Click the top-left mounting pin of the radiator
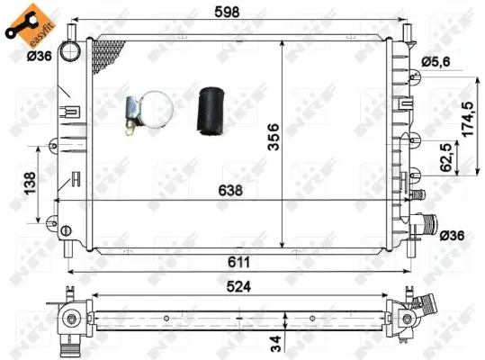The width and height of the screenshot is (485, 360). [x=90, y=27]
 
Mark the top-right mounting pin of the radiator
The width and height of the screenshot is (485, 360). [x=412, y=28]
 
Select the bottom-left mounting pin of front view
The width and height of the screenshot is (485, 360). [x=71, y=246]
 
